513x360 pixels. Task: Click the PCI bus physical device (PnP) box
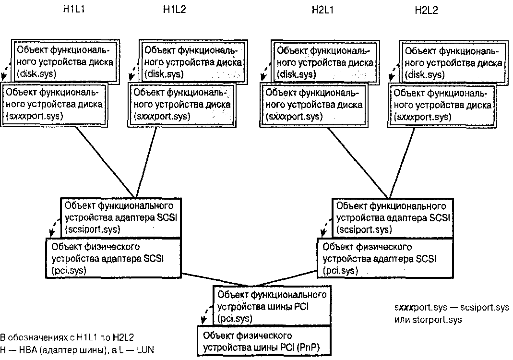pyautogui.click(x=263, y=340)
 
